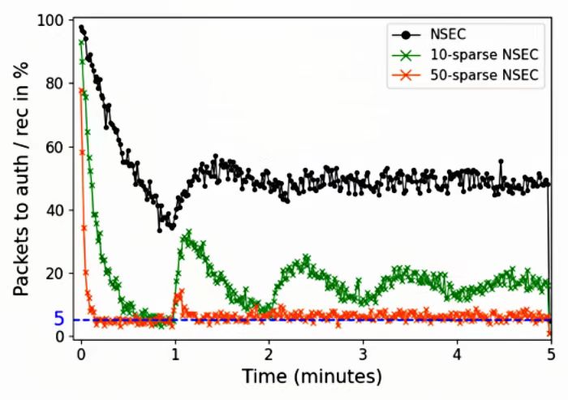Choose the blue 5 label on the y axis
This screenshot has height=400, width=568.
coord(59,319)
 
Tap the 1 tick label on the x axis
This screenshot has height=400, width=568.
coord(174,355)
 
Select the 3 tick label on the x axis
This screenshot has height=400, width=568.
coord(363,355)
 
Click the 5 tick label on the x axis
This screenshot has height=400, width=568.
coord(550,355)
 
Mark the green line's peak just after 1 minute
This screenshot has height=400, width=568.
coord(188,233)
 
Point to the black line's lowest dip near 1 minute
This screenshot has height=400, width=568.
coord(160,230)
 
